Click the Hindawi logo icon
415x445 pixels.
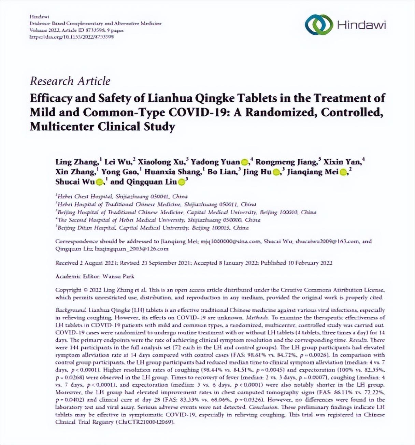point(318,25)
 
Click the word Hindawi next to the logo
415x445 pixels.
point(361,25)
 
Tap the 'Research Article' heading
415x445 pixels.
point(70,81)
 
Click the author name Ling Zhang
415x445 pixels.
point(77,162)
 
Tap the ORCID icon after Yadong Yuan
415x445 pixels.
point(245,162)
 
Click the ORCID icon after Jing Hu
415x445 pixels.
point(276,172)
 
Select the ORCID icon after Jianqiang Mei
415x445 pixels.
point(343,172)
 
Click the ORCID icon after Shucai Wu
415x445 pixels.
point(100,182)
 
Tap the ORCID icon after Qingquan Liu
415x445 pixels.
point(182,182)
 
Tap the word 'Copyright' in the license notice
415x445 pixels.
point(68,290)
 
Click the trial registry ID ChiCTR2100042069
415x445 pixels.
point(145,422)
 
